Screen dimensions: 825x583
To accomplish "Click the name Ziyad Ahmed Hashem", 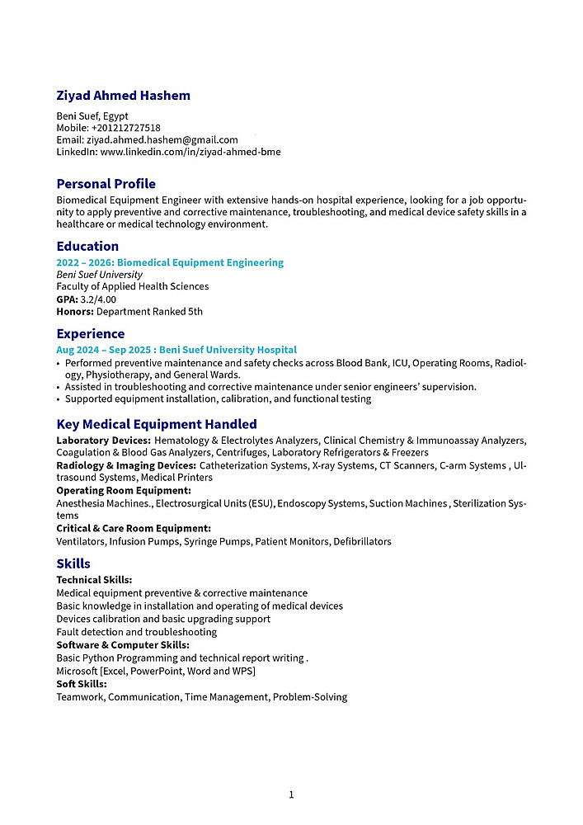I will (x=123, y=96).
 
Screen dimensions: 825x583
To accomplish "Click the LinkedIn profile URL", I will (x=190, y=152).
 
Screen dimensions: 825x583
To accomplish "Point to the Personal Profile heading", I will (x=106, y=184).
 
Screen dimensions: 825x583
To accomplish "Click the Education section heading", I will (x=87, y=247).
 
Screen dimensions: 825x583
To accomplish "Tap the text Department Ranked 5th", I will (x=149, y=311).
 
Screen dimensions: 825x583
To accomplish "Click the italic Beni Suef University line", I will (x=99, y=275).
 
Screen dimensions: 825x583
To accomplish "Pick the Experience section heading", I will (x=91, y=334).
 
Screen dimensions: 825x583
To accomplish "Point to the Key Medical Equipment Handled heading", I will (x=157, y=425).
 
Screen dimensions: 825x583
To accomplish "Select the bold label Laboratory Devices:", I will (x=103, y=441).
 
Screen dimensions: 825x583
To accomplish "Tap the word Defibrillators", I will (x=362, y=542).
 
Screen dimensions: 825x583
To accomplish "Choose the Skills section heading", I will (x=73, y=564).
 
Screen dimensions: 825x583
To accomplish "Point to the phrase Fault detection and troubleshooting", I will (x=136, y=632).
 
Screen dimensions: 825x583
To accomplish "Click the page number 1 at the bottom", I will (x=291, y=795).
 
